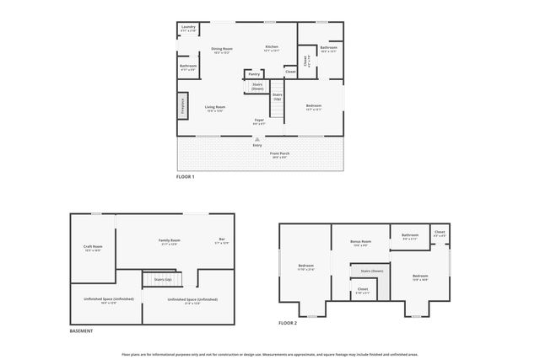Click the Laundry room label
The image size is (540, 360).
[187, 28]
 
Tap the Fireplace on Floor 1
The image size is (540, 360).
[181, 105]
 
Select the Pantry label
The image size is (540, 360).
[254, 74]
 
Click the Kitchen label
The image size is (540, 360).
[272, 48]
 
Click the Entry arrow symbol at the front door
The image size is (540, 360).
[257, 139]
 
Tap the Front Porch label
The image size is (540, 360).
[279, 154]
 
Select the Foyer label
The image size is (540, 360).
[259, 121]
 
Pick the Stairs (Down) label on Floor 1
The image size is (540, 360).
[257, 86]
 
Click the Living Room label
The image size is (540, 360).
[214, 108]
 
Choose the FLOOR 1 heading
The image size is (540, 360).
[185, 177]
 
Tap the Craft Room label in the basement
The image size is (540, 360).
[93, 248]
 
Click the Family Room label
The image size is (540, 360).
[168, 242]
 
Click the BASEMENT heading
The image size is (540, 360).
[82, 330]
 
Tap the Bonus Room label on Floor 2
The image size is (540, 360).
[360, 243]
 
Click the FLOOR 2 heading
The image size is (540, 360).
[289, 323]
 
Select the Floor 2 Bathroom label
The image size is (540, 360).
[410, 237]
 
